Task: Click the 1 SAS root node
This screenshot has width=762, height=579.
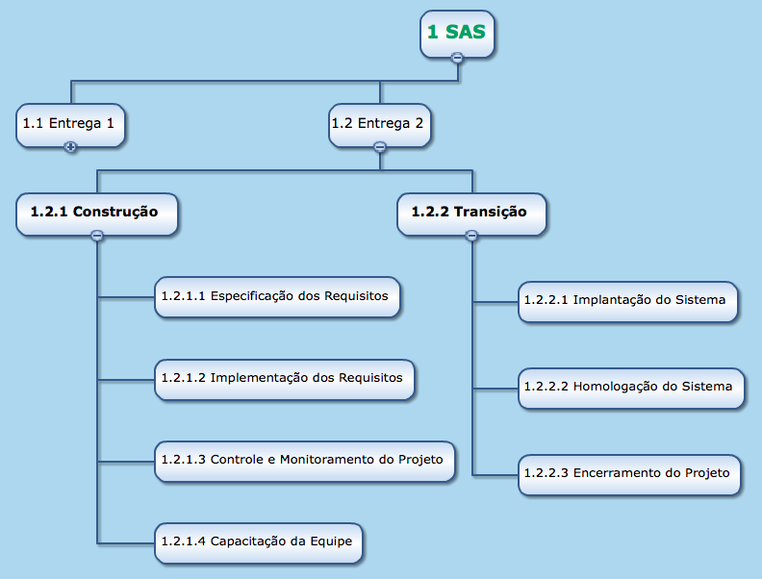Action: [x=457, y=33]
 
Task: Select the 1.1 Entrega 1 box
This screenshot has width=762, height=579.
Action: [x=70, y=123]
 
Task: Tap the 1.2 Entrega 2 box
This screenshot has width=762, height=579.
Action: [x=379, y=123]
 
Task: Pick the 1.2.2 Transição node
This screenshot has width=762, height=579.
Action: [x=470, y=212]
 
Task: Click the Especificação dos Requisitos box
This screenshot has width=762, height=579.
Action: [x=277, y=296]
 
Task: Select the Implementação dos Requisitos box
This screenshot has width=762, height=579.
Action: [x=285, y=377]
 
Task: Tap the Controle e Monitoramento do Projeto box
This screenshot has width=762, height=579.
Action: [x=304, y=460]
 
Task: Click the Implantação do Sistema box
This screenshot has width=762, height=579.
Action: [x=628, y=300]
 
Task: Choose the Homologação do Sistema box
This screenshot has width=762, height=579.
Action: [x=631, y=387]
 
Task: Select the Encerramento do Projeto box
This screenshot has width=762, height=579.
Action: [x=630, y=473]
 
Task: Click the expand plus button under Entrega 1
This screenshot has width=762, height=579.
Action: [x=70, y=147]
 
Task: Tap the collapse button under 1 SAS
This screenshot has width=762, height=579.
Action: [x=457, y=58]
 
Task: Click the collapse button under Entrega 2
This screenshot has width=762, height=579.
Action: [x=379, y=147]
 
